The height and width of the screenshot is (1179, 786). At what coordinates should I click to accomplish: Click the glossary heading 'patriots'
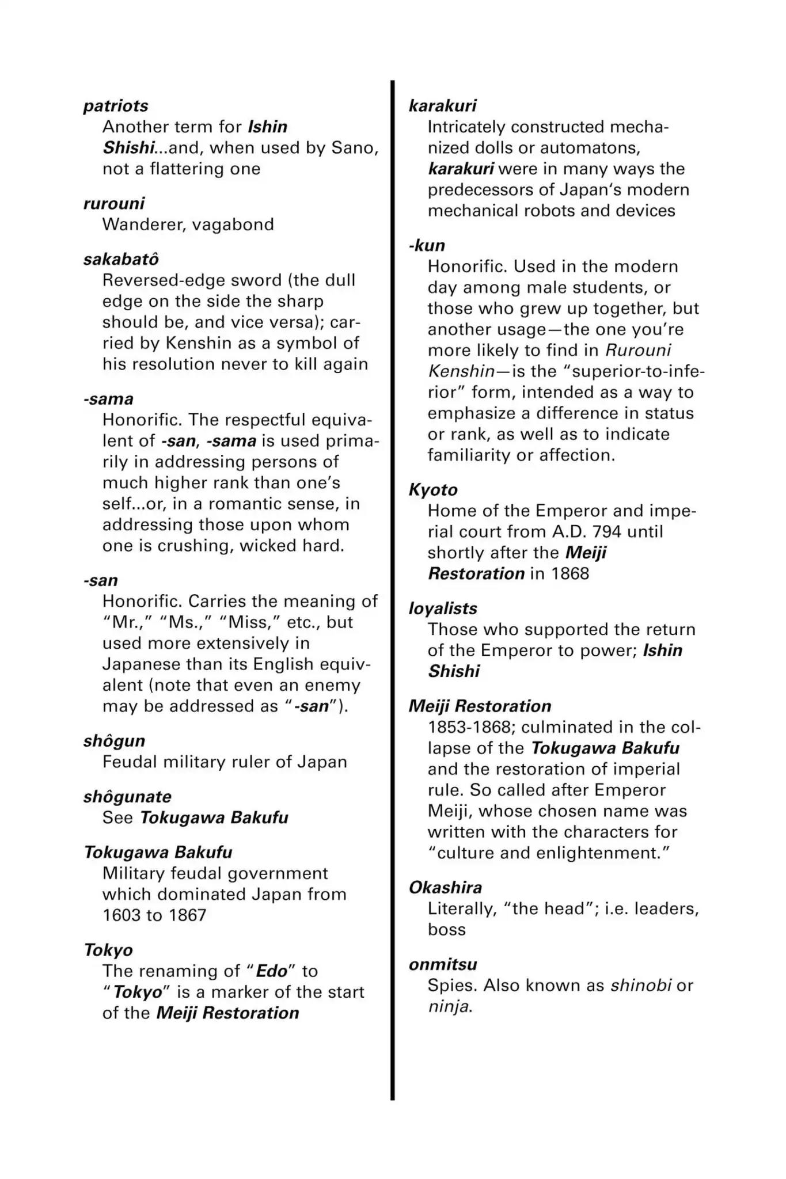(116, 106)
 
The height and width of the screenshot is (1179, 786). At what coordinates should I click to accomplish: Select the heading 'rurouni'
(113, 203)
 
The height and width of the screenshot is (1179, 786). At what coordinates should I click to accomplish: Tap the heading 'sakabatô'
(121, 259)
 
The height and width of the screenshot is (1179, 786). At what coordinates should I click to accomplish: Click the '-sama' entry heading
(108, 399)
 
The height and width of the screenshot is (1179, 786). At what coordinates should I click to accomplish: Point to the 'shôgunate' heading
(127, 797)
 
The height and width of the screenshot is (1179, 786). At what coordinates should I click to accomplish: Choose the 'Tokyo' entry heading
(108, 950)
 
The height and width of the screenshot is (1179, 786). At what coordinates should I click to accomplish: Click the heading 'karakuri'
(442, 106)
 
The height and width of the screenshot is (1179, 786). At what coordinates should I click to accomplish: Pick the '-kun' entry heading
(427, 245)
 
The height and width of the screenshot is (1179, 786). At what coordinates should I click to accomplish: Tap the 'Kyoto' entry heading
(433, 490)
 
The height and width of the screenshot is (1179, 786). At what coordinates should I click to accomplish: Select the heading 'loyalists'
(443, 608)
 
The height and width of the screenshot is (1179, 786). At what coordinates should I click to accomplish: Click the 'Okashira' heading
(446, 888)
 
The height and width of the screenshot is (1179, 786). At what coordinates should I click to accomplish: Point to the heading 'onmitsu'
(443, 964)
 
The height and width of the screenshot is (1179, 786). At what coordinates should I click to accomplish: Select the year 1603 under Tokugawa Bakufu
(121, 915)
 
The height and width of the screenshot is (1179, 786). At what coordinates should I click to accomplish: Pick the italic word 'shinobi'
(641, 985)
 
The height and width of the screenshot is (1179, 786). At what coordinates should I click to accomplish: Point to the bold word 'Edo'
(271, 971)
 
